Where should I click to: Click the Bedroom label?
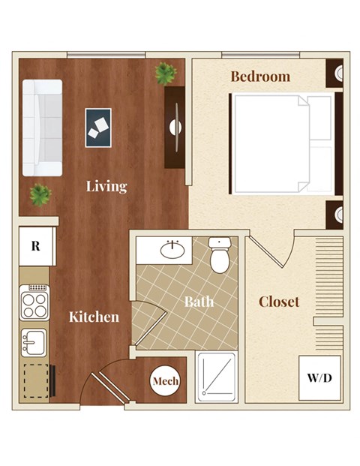tap(259, 76)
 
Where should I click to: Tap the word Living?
tap(106, 186)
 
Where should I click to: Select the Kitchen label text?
tap(94, 317)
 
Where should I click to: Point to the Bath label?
tap(199, 302)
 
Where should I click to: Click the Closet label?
tap(278, 302)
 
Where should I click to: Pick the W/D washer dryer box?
tap(319, 375)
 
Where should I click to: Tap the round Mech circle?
tap(165, 381)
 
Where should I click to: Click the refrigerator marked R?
tap(34, 245)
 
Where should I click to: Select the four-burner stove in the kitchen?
tap(34, 304)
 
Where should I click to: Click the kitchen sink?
tap(34, 343)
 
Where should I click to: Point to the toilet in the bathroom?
tap(220, 255)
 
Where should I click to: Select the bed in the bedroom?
tap(282, 143)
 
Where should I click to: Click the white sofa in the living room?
tap(42, 127)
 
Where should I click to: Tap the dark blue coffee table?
tap(98, 128)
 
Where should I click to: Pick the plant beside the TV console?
tap(166, 73)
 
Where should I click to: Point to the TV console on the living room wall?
tap(175, 127)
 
